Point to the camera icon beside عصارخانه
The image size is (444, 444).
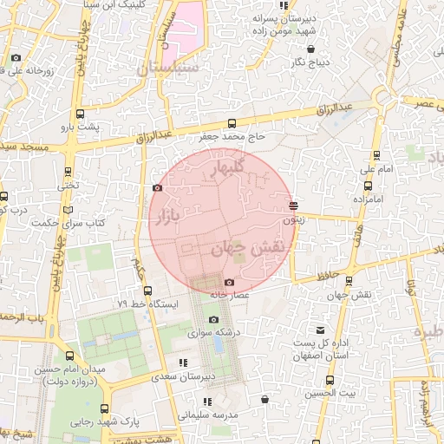(x=229, y=282)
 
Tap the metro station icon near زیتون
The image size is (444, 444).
(x=294, y=206)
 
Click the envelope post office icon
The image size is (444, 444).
(x=321, y=330)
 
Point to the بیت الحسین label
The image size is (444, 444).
(x=329, y=394)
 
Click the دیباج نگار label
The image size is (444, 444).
(x=312, y=62)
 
